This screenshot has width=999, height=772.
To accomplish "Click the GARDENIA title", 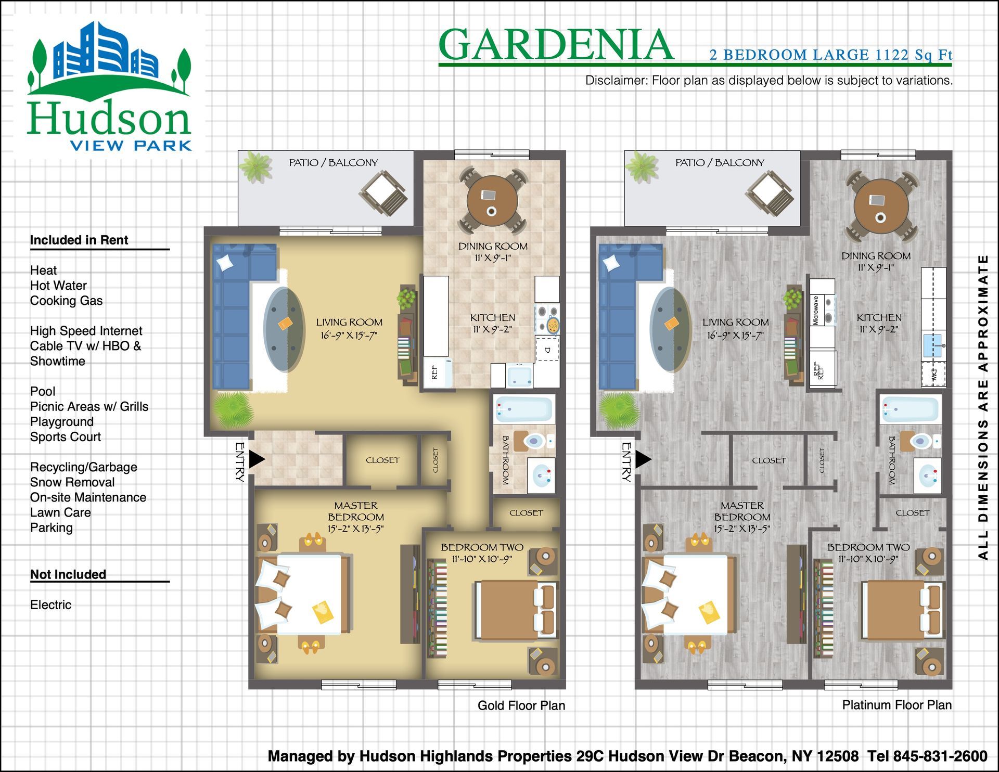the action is pyautogui.click(x=556, y=45).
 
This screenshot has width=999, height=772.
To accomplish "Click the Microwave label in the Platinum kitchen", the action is pyautogui.click(x=816, y=311).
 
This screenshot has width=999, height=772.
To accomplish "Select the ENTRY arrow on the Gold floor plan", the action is pyautogui.click(x=257, y=459).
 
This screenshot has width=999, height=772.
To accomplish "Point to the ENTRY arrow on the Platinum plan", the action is pyautogui.click(x=644, y=459).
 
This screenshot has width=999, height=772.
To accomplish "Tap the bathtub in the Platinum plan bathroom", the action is pyautogui.click(x=911, y=409).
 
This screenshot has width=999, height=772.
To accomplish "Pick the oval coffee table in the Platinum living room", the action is pyautogui.click(x=671, y=329).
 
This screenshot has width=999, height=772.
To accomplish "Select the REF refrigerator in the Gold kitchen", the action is pyautogui.click(x=438, y=372).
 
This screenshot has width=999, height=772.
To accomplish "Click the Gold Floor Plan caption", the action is pyautogui.click(x=521, y=705).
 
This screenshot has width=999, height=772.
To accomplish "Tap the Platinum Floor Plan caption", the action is pyautogui.click(x=897, y=705).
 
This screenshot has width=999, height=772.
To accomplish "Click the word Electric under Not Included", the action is pyautogui.click(x=50, y=604).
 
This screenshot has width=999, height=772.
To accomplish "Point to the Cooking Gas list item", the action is pyautogui.click(x=66, y=301).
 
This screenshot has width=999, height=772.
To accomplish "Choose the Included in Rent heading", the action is pyautogui.click(x=79, y=240).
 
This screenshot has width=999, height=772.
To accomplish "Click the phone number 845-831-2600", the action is pyautogui.click(x=940, y=756).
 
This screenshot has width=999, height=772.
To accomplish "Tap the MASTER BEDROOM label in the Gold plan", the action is pyautogui.click(x=356, y=511).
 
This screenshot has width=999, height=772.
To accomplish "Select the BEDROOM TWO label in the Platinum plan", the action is pyautogui.click(x=868, y=547).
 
